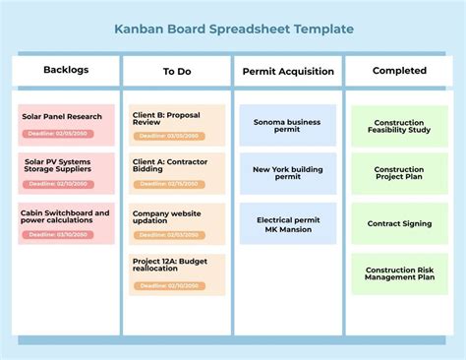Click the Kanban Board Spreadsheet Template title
[x=233, y=29]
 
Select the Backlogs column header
[x=66, y=70]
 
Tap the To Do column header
[x=177, y=71]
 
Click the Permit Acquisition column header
[x=288, y=71]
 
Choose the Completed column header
[x=399, y=71]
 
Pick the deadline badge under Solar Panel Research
[x=59, y=133]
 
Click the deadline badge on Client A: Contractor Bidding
[x=170, y=183]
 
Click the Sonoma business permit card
[x=288, y=125]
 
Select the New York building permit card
[x=288, y=174]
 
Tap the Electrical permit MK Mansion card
[x=288, y=224]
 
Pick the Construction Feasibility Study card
[x=399, y=126]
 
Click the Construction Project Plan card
[x=399, y=174]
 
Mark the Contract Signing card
[x=399, y=224]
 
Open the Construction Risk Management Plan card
[x=399, y=273]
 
